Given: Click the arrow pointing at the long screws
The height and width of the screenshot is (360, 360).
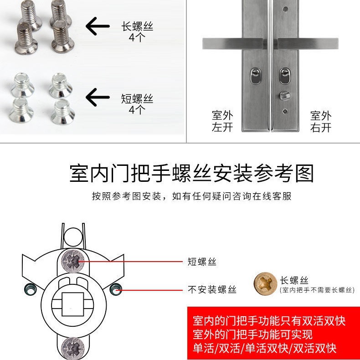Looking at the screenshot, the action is (x=98, y=26).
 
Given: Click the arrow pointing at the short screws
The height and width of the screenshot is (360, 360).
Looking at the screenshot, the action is (x=98, y=97).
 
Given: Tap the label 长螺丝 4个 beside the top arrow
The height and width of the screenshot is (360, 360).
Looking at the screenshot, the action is (x=137, y=32).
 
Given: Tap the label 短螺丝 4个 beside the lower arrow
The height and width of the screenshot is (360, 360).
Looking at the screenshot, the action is (x=137, y=104).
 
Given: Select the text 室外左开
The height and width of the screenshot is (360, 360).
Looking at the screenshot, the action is (x=222, y=121).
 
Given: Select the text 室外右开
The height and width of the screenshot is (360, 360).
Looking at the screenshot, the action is (x=321, y=122).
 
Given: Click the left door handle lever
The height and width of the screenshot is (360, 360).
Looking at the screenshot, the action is (x=233, y=44).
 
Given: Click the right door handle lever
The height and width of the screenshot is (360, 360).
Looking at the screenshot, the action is (x=308, y=44).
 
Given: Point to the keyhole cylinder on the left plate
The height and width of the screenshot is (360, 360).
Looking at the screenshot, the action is (x=255, y=76).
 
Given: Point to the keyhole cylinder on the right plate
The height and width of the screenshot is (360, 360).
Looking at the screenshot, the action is (x=285, y=76).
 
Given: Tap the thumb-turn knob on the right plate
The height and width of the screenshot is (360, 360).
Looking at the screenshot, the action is (x=285, y=95).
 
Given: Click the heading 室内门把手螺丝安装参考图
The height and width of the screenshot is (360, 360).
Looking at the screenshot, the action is (x=192, y=173).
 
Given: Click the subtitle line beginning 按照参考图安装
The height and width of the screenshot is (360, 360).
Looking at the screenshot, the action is (x=192, y=196).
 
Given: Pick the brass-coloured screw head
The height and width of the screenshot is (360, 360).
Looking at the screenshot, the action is (x=265, y=283).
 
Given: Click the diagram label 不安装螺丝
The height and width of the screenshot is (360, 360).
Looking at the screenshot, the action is (x=212, y=289).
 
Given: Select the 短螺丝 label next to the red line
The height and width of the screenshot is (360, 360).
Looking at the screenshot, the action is (x=202, y=262).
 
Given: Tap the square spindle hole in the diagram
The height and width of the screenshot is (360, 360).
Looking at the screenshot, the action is (x=73, y=304).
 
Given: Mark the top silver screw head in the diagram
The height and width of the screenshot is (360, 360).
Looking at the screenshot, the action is (x=73, y=261).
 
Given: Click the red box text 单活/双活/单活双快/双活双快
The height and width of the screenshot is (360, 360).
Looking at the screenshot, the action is (x=265, y=348).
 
